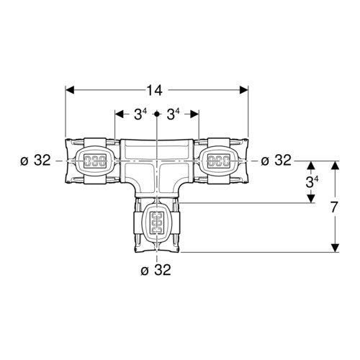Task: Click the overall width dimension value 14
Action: tap(154, 91)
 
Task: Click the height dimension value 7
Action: tap(334, 207)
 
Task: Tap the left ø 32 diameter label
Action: tap(36, 160)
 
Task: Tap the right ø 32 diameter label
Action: tap(276, 160)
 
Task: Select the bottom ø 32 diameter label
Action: tap(156, 270)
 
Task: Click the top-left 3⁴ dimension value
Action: tap(140, 114)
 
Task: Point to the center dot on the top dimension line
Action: tap(156, 114)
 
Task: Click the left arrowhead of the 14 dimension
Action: tap(70, 90)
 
